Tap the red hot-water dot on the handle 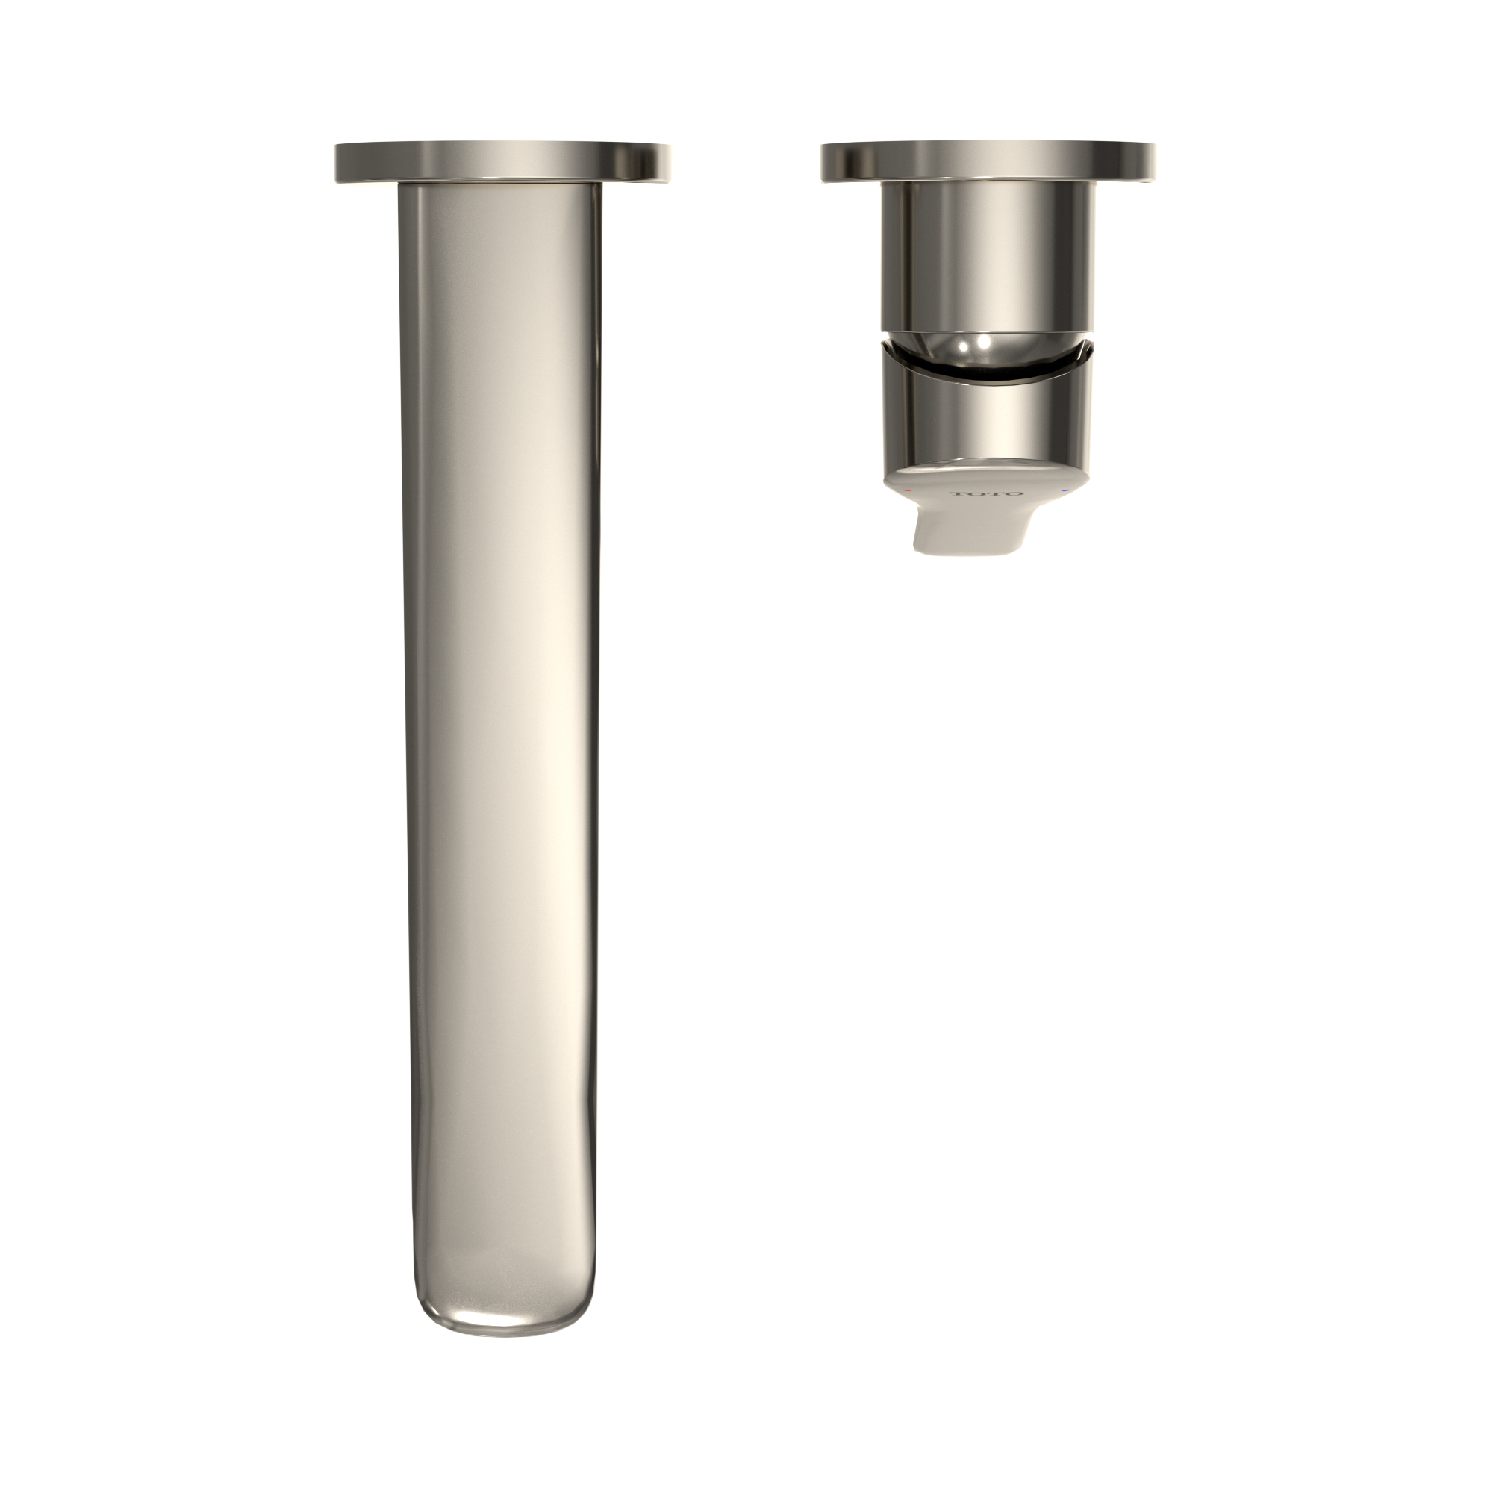point(907,490)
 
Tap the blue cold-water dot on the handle point(1066,490)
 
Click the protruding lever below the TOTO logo point(970,533)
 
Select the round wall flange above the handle point(989,163)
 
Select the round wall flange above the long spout point(502,163)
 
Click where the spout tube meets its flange point(499,186)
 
